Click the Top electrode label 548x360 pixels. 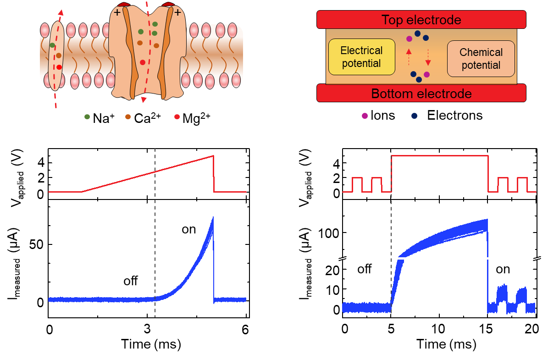pyautogui.click(x=421, y=20)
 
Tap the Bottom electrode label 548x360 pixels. pyautogui.click(x=421, y=94)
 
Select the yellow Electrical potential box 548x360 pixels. pyautogui.click(x=361, y=57)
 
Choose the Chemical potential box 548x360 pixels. pyautogui.click(x=481, y=59)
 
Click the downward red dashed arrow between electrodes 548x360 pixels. pyautogui.click(x=428, y=58)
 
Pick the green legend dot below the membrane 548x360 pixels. pyautogui.click(x=87, y=116)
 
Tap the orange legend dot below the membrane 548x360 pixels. pyautogui.click(x=128, y=116)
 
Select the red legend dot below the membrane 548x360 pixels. pyautogui.click(x=177, y=116)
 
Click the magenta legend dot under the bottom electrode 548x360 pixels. pyautogui.click(x=365, y=116)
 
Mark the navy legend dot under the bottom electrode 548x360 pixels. pyautogui.click(x=415, y=116)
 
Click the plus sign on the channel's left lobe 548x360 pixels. pyautogui.click(x=117, y=12)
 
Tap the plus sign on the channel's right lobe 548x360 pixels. pyautogui.click(x=177, y=12)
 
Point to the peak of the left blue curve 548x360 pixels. pyautogui.click(x=213, y=217)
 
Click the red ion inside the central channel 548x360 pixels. pyautogui.click(x=143, y=62)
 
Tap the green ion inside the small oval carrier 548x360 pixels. pyautogui.click(x=52, y=45)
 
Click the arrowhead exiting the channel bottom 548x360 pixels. pyautogui.click(x=144, y=100)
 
